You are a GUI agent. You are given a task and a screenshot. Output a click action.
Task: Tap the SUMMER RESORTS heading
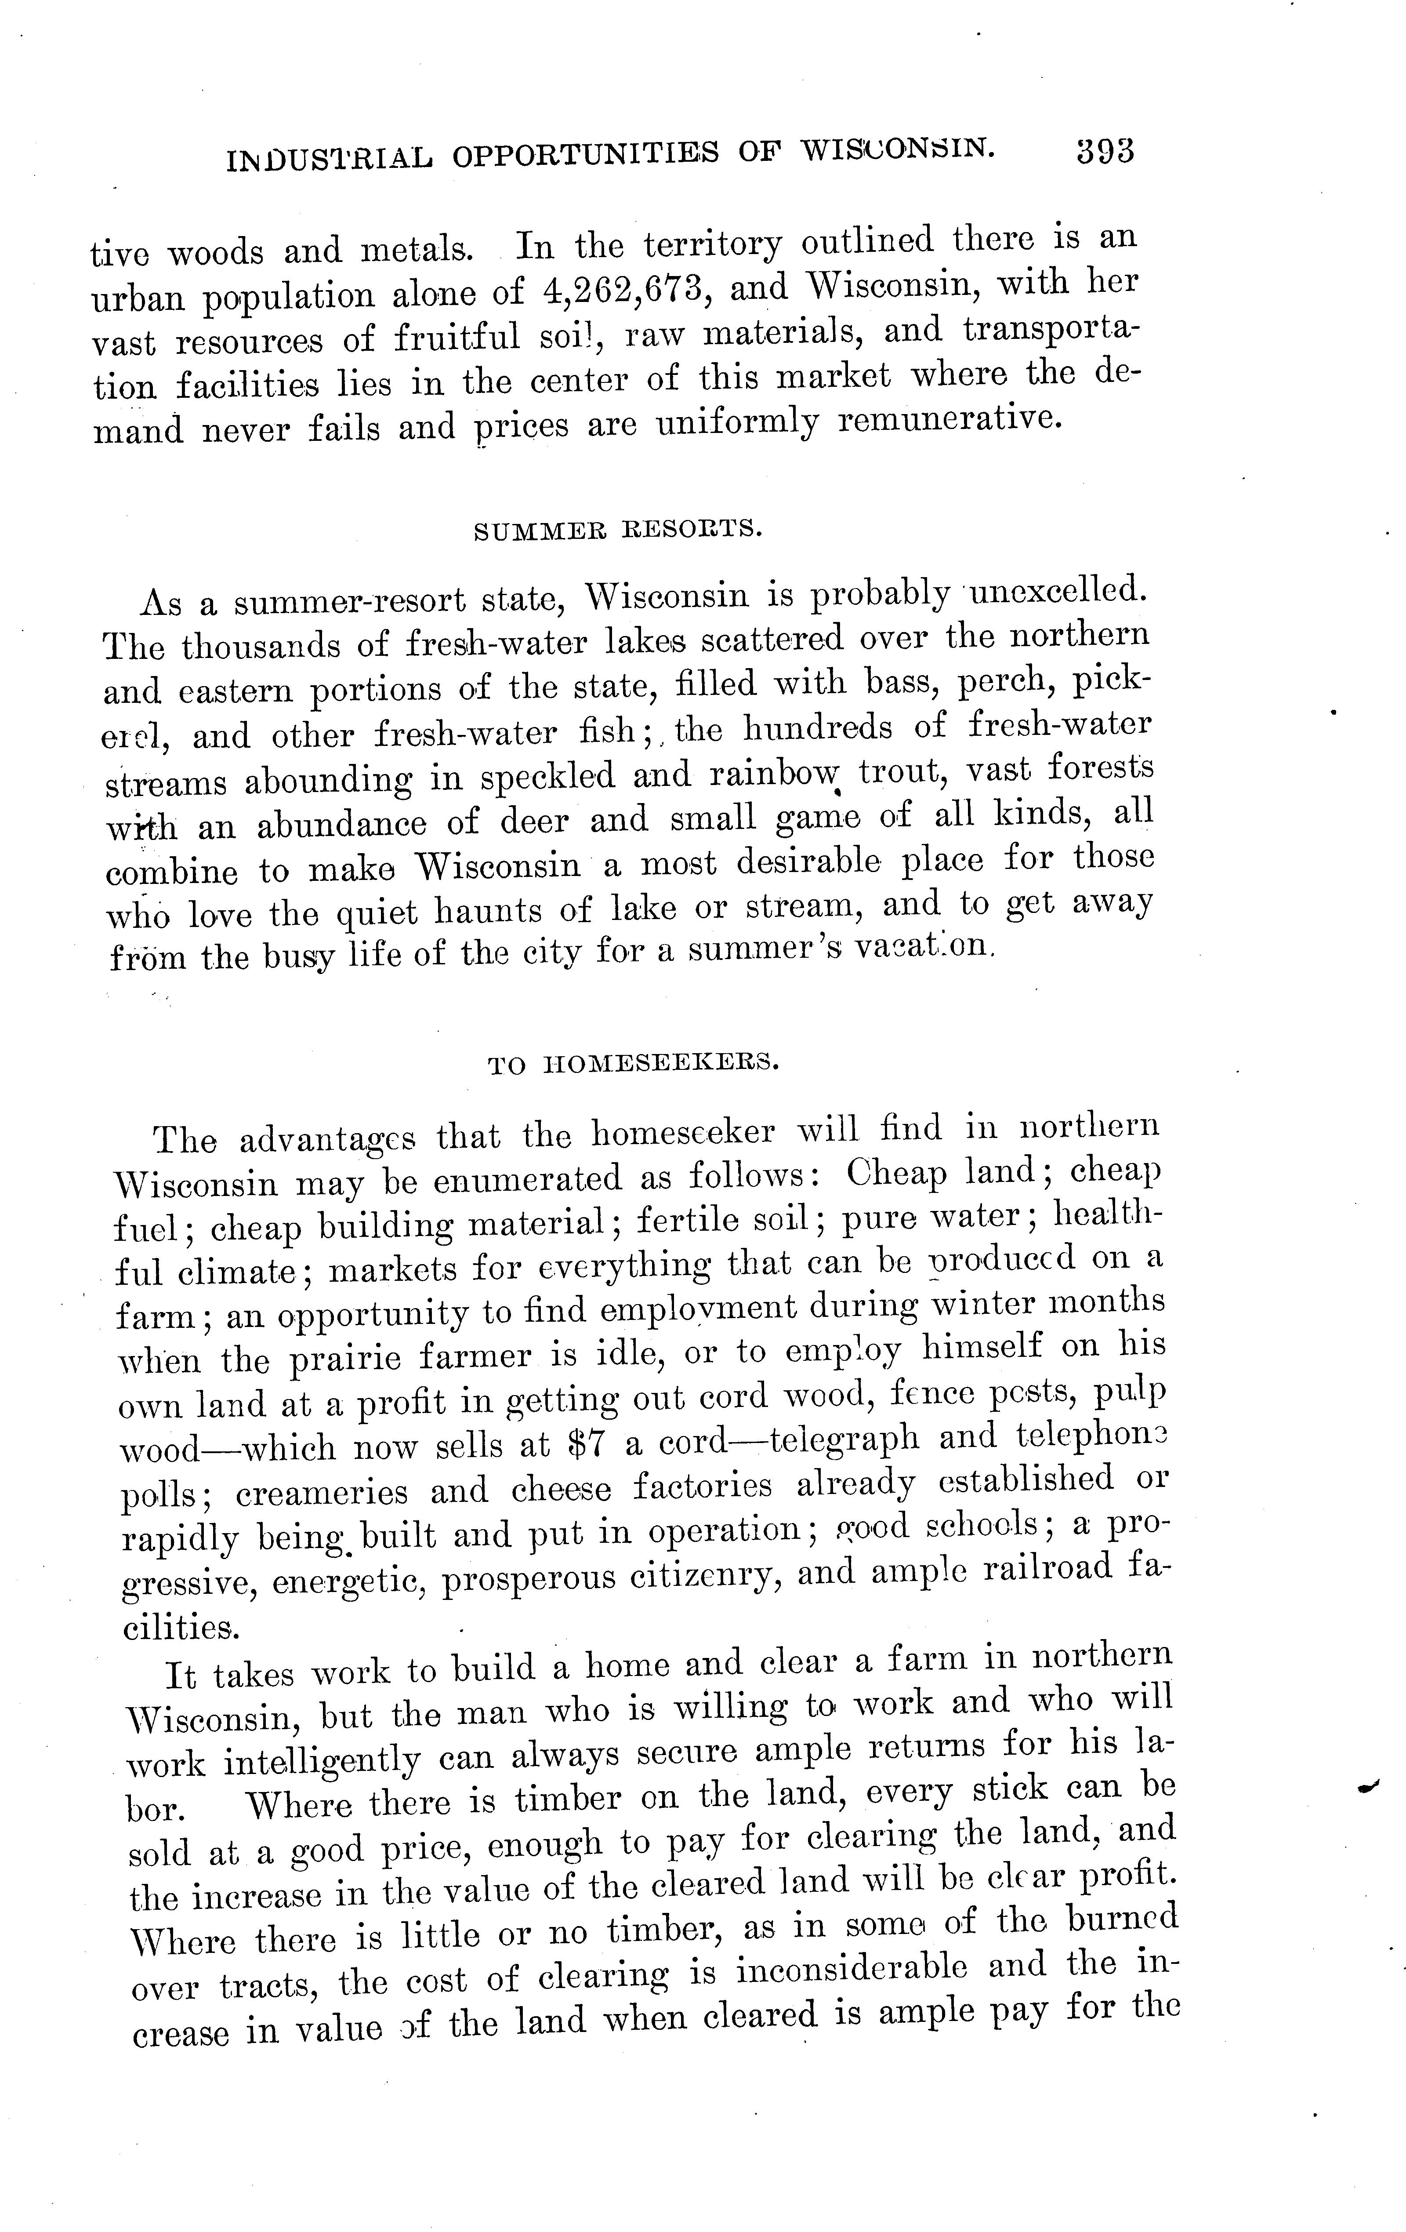[618, 530]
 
